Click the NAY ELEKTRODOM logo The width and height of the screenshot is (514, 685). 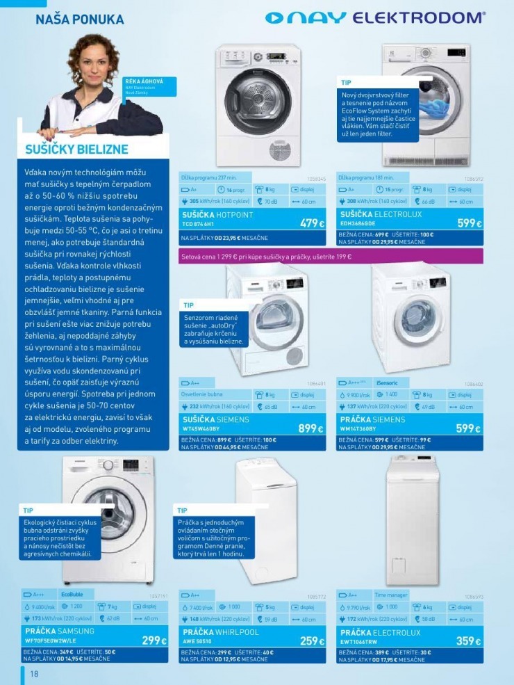(x=375, y=18)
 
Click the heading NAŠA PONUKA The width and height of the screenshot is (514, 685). (x=79, y=19)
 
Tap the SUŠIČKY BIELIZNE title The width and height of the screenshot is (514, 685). (x=76, y=150)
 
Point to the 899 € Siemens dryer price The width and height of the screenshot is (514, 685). (x=311, y=429)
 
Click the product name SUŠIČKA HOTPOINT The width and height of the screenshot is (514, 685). (x=217, y=216)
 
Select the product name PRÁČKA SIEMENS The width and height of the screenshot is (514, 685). (x=373, y=420)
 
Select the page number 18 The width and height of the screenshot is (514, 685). (x=33, y=674)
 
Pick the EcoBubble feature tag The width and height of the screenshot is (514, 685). (x=72, y=595)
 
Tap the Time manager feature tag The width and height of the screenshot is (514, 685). (x=390, y=595)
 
